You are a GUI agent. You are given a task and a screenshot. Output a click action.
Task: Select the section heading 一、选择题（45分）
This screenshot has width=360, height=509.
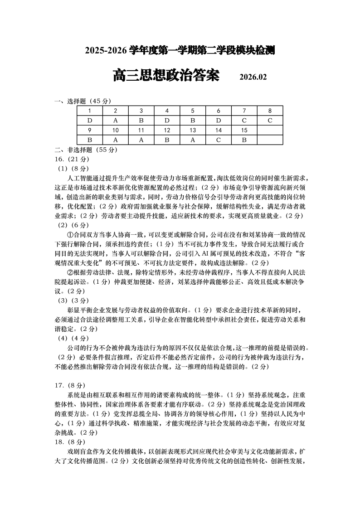point(83,101)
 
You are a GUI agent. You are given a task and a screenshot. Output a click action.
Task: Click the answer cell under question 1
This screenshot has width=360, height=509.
point(90,121)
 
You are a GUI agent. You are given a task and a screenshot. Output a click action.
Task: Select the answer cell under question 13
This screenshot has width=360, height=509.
point(193,140)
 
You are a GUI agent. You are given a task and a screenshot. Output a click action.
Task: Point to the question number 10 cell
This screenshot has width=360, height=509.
point(116,131)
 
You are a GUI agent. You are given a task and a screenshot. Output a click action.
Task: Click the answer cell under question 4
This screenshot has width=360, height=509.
point(167,121)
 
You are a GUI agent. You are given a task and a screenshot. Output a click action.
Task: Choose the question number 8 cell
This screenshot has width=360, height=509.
point(270,111)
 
